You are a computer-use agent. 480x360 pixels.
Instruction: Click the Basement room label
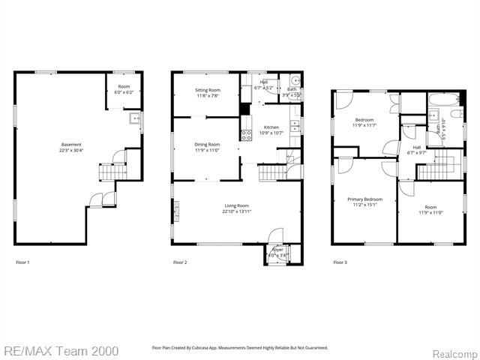[x=71, y=145]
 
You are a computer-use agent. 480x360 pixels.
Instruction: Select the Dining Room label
[x=207, y=144]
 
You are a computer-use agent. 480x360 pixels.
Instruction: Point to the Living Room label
[x=236, y=205]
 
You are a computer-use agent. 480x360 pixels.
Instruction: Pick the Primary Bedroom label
[x=364, y=199]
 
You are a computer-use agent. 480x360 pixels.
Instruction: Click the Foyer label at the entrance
[x=277, y=250]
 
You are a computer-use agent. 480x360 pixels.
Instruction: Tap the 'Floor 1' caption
[x=23, y=262]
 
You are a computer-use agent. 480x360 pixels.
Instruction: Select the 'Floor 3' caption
[x=340, y=262]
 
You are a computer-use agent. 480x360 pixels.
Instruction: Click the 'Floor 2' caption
[x=180, y=262]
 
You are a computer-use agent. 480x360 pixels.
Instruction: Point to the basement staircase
[x=111, y=173]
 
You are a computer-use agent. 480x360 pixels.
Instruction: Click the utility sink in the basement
[x=135, y=119]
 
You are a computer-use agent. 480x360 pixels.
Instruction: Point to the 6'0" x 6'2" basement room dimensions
[x=122, y=91]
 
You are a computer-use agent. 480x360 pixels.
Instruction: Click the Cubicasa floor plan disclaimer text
[x=240, y=348]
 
